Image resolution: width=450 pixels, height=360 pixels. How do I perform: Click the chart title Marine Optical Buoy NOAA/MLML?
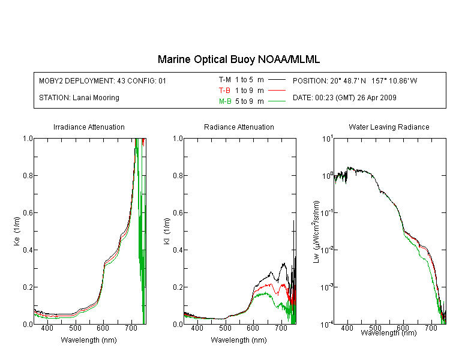click(238, 59)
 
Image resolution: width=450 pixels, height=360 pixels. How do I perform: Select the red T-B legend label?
click(224, 91)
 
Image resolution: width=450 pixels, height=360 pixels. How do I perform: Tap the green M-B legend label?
click(225, 101)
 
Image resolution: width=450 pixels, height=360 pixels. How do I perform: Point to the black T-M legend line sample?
click(277, 80)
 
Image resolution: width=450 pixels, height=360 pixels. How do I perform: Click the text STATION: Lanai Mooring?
click(79, 98)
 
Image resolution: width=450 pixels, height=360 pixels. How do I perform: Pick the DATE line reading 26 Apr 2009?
click(344, 98)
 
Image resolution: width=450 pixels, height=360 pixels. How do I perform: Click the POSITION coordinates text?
click(355, 80)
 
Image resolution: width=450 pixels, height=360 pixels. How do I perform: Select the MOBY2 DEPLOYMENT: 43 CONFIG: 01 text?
click(103, 80)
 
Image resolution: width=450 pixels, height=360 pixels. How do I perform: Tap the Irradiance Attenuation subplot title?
click(89, 127)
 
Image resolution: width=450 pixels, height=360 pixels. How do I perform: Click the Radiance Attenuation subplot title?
click(239, 127)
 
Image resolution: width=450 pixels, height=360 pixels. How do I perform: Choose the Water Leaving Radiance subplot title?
click(389, 127)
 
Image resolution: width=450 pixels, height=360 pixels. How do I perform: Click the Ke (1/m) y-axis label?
click(17, 231)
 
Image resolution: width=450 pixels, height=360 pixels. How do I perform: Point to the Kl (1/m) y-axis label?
click(167, 231)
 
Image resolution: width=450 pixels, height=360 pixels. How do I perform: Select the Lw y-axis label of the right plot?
click(316, 232)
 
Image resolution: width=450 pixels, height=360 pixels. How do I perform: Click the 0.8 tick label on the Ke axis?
click(28, 175)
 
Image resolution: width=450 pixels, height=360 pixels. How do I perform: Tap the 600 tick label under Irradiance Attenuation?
click(103, 328)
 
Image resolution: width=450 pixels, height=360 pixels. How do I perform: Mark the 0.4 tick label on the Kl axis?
click(178, 250)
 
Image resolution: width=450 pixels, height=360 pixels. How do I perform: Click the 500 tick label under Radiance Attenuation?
click(225, 328)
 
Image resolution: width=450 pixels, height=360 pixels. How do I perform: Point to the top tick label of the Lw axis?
click(327, 139)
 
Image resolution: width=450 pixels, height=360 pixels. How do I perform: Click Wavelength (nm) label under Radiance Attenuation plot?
click(239, 340)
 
